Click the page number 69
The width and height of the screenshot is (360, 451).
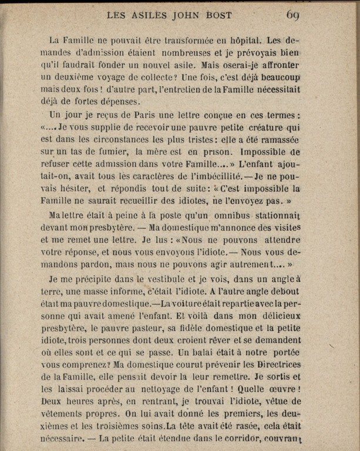pyautogui.click(x=294, y=15)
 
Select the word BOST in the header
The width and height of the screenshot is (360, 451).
pyautogui.click(x=218, y=15)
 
